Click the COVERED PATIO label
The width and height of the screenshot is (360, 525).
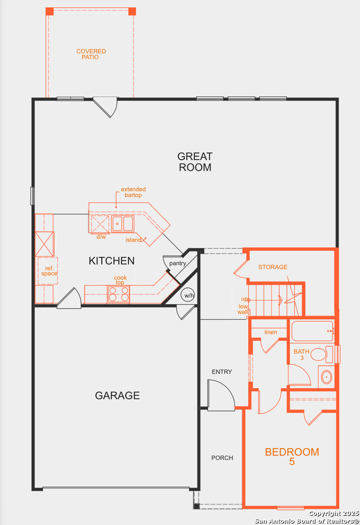(x=91, y=54)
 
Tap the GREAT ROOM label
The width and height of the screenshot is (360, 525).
(x=195, y=162)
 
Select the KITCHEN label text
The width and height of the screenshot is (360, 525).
(x=111, y=261)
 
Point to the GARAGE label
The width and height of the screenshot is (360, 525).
(x=117, y=395)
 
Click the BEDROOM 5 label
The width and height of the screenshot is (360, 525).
(x=292, y=456)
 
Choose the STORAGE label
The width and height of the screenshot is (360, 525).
(x=273, y=267)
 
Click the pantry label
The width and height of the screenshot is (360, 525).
(x=178, y=263)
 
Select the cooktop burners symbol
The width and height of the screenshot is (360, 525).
(x=118, y=294)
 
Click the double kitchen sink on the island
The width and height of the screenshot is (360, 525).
(x=123, y=224)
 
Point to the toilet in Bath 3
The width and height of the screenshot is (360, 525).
(x=322, y=354)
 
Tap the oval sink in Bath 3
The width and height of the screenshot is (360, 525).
(x=326, y=377)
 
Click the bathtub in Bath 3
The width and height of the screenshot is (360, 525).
(x=312, y=331)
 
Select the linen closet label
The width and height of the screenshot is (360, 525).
(x=271, y=332)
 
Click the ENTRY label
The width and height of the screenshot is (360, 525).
(x=222, y=372)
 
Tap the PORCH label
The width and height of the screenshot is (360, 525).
(x=222, y=458)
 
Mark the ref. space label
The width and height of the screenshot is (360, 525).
(x=49, y=271)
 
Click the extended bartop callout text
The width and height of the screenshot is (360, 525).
(x=133, y=192)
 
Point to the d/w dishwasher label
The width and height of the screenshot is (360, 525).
(x=101, y=237)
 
